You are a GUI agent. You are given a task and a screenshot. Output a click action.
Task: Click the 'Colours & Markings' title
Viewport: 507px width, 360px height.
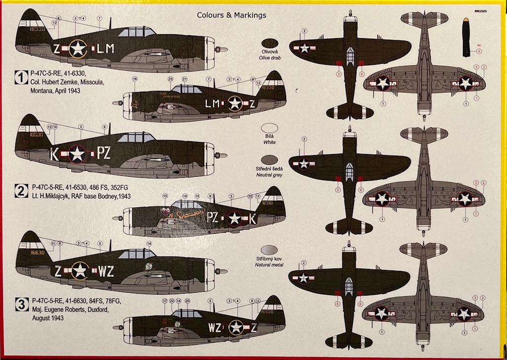(x=231, y=15)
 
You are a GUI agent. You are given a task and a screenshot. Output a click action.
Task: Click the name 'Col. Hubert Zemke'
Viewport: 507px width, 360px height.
(x=57, y=83)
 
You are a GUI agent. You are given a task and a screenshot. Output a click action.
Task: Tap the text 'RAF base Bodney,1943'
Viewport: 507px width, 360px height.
(x=106, y=197)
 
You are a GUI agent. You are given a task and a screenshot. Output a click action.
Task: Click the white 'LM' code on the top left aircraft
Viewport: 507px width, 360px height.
(x=105, y=49)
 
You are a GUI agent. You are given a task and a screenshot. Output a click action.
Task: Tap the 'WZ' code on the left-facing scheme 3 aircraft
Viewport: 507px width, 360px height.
(x=105, y=271)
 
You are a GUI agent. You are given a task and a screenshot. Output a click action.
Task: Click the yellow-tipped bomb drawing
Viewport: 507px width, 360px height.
(x=466, y=37)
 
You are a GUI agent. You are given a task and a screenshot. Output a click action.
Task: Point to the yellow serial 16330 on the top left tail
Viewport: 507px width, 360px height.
(x=37, y=29)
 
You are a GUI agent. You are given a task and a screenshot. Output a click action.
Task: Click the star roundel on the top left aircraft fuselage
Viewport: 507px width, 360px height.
(x=78, y=48)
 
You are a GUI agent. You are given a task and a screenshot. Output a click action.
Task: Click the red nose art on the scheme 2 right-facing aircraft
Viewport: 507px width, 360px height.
(x=171, y=213)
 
